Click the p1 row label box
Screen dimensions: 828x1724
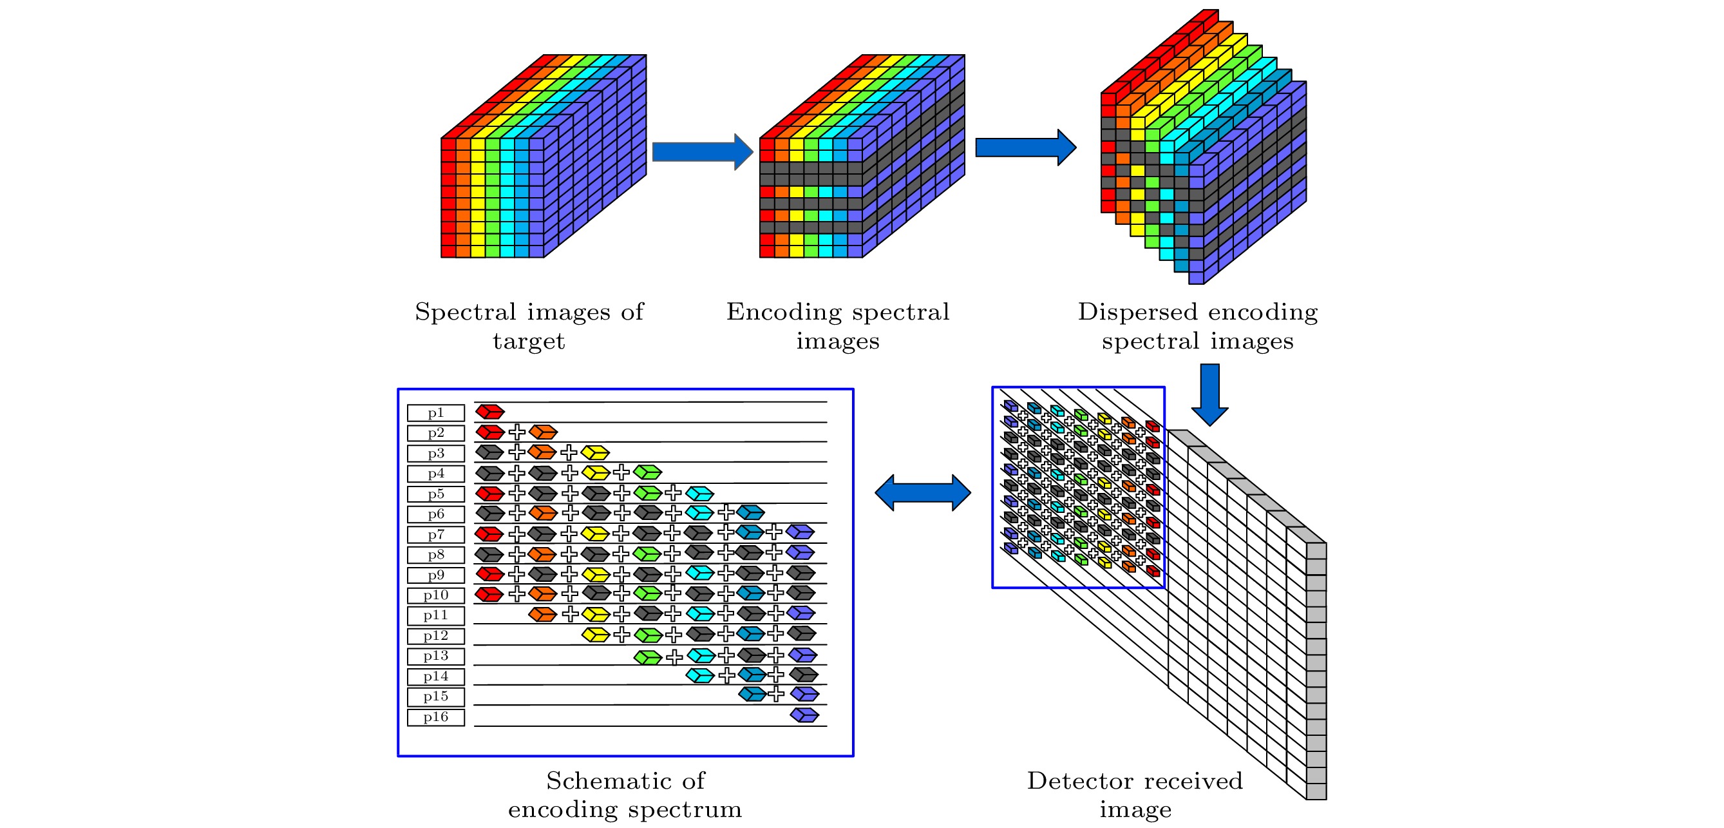click(x=436, y=413)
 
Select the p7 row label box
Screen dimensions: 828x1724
click(x=436, y=535)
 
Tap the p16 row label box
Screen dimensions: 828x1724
click(x=436, y=718)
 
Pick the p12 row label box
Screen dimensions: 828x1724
click(x=436, y=636)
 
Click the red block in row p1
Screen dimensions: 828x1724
click(x=490, y=412)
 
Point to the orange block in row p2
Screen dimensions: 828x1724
click(x=543, y=432)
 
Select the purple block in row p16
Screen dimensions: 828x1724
click(x=804, y=715)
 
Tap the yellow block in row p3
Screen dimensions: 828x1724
click(x=595, y=452)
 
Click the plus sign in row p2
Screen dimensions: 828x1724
click(x=516, y=432)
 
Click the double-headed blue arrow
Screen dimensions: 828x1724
click(x=922, y=494)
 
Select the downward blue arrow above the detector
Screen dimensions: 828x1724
click(x=1209, y=394)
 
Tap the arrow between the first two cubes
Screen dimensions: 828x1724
click(x=702, y=152)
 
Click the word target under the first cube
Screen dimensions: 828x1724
click(x=529, y=342)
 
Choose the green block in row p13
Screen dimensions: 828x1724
click(x=648, y=657)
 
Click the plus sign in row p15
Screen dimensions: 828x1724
click(x=775, y=694)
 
